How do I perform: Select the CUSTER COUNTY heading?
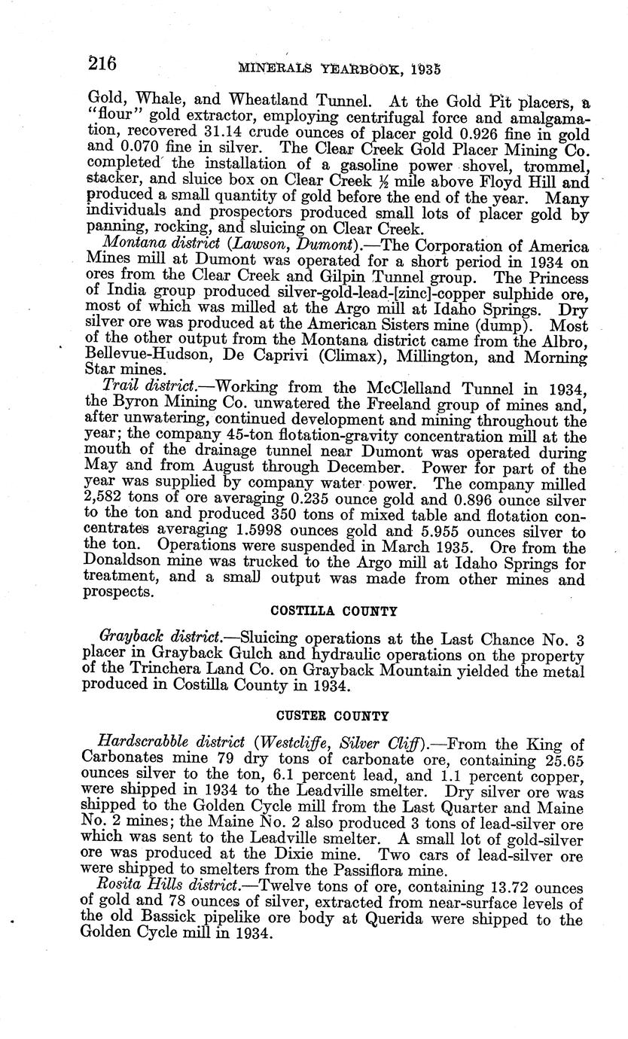click(332, 715)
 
